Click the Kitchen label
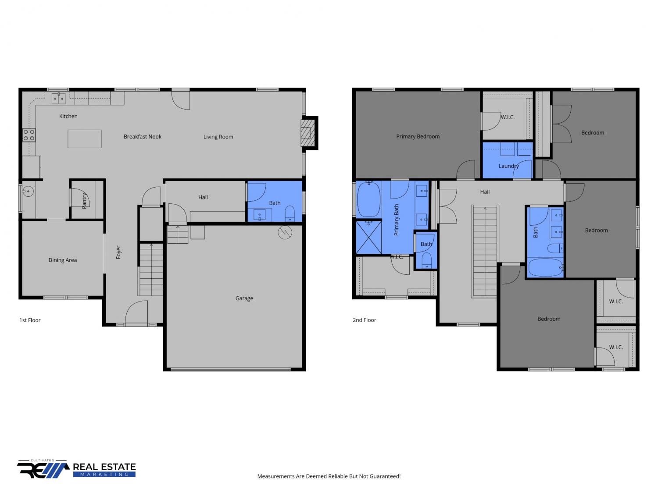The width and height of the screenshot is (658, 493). (x=68, y=116)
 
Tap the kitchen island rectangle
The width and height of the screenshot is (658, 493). (x=85, y=138)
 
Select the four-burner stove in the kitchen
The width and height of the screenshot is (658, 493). (x=29, y=135)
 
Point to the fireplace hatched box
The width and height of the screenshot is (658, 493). (x=308, y=133)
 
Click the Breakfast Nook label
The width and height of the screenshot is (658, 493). (x=143, y=136)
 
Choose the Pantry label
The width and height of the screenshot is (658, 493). (x=84, y=201)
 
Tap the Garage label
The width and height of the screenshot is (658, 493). (x=244, y=298)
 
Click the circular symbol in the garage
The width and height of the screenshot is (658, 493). (x=285, y=232)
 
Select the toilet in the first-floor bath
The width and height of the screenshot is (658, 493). (x=289, y=213)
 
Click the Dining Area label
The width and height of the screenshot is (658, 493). (x=63, y=260)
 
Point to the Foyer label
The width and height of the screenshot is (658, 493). (x=118, y=252)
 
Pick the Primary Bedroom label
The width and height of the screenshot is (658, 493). (x=418, y=136)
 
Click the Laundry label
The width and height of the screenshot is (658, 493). (x=508, y=166)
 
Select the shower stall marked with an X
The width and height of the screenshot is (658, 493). (x=368, y=237)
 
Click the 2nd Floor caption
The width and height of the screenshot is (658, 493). (x=364, y=320)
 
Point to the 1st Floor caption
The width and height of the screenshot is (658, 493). (x=30, y=320)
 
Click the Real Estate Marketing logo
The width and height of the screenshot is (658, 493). (x=76, y=469)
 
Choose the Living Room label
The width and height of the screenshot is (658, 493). (x=218, y=137)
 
